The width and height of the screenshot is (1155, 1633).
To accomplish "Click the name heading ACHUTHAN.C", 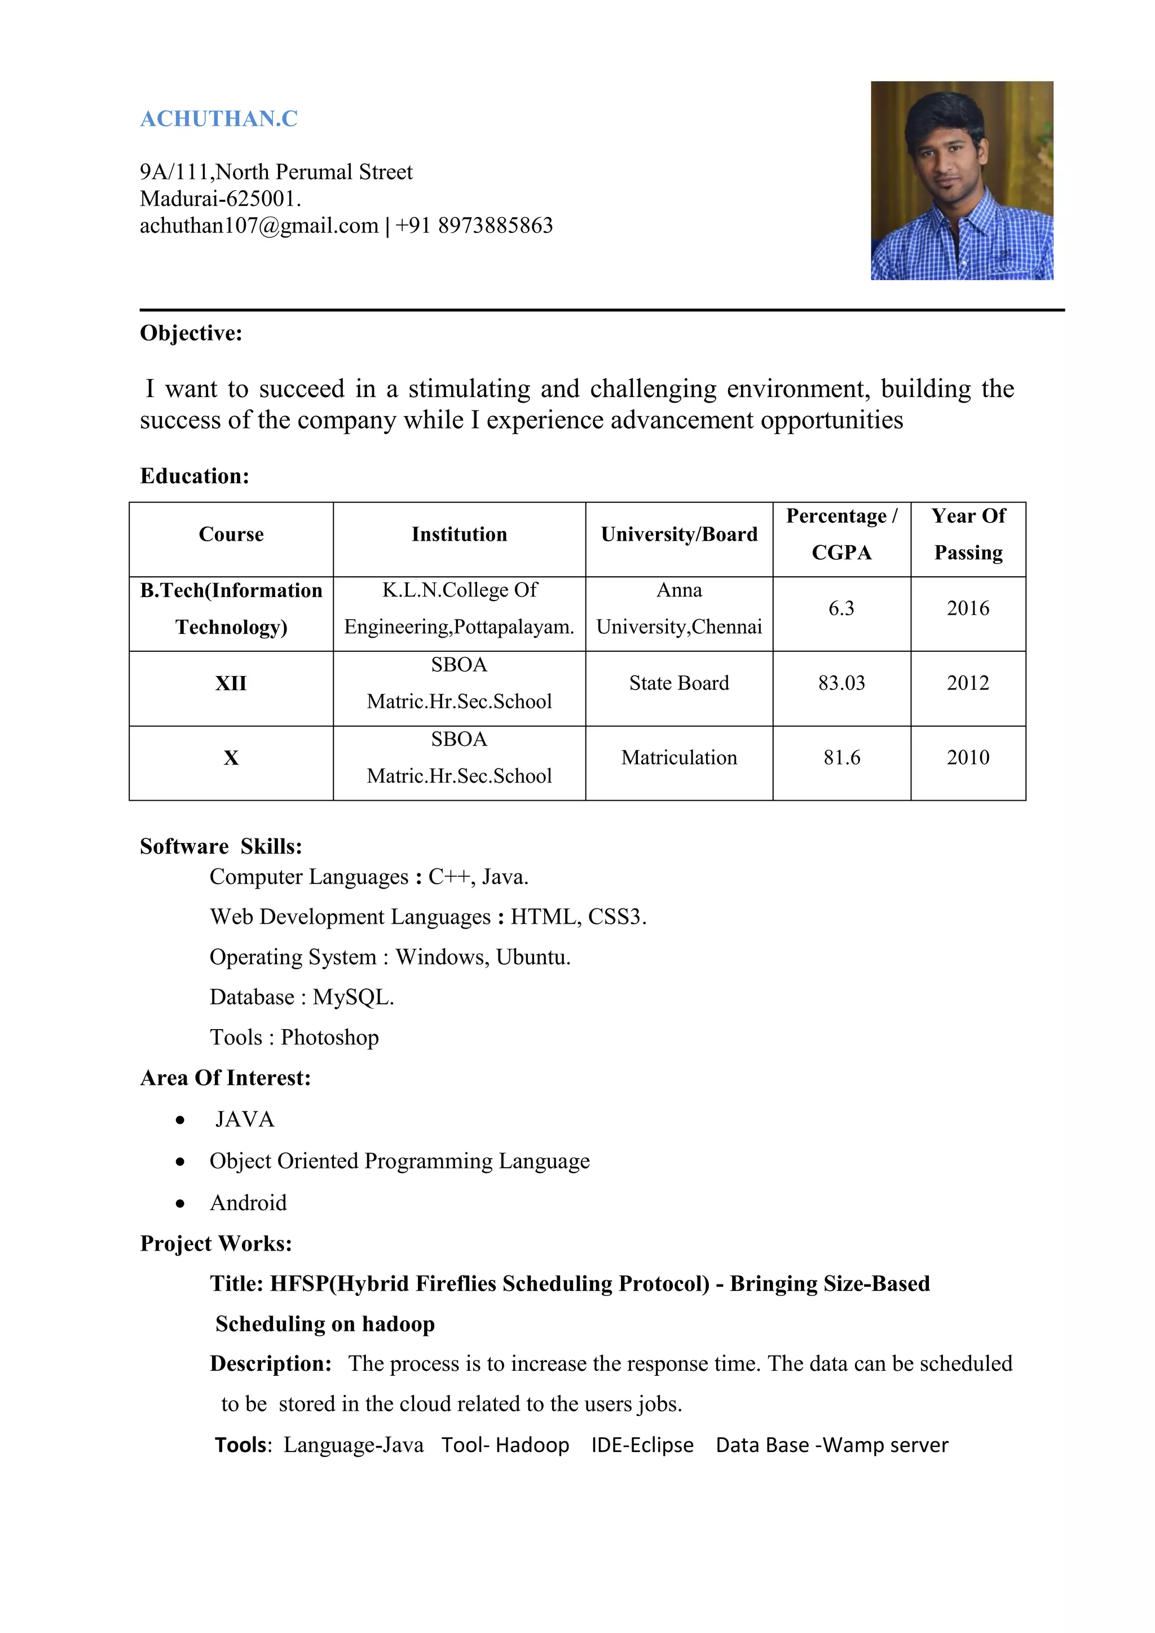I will (x=218, y=119).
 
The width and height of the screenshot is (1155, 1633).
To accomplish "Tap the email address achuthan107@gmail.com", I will (x=259, y=226).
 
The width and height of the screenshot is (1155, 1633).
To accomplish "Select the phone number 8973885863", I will (x=495, y=226).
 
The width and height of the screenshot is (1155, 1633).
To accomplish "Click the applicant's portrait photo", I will (x=962, y=180).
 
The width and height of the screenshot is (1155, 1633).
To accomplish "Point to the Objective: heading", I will (x=191, y=333).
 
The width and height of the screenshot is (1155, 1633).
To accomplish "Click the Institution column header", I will (x=459, y=534).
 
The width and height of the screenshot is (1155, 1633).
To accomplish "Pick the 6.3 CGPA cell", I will (x=841, y=608).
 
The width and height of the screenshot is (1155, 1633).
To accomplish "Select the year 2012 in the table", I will (x=967, y=683).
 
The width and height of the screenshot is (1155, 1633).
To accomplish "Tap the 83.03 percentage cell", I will (x=841, y=683).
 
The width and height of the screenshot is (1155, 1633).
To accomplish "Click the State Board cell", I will (x=678, y=683).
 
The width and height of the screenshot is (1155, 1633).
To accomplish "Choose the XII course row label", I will (x=231, y=683).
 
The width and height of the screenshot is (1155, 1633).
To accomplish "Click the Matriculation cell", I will (x=678, y=757).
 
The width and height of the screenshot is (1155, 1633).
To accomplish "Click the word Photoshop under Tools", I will (x=329, y=1038).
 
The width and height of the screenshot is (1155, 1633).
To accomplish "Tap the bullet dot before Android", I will (x=180, y=1203).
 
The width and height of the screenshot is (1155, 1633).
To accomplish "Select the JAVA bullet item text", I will (x=244, y=1119).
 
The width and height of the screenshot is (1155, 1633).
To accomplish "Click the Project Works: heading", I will (x=215, y=1243).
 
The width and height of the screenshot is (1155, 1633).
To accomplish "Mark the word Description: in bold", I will (x=270, y=1363).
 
